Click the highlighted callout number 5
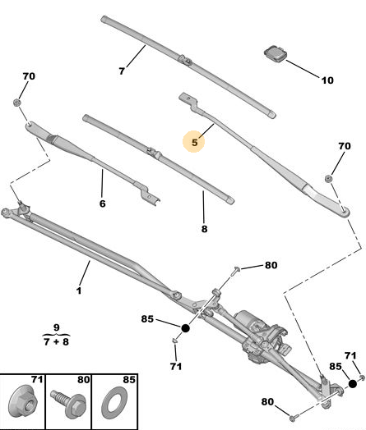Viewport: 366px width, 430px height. [195, 142]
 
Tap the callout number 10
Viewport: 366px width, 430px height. [327, 80]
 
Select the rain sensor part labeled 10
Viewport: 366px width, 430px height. [275, 53]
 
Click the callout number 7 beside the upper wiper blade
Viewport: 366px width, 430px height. [122, 71]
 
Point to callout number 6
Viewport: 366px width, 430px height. [102, 204]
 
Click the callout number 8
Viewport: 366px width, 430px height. [204, 229]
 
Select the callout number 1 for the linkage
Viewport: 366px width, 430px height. [79, 290]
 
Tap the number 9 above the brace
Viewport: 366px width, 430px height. [56, 327]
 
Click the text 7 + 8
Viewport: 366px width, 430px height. [56, 341]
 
